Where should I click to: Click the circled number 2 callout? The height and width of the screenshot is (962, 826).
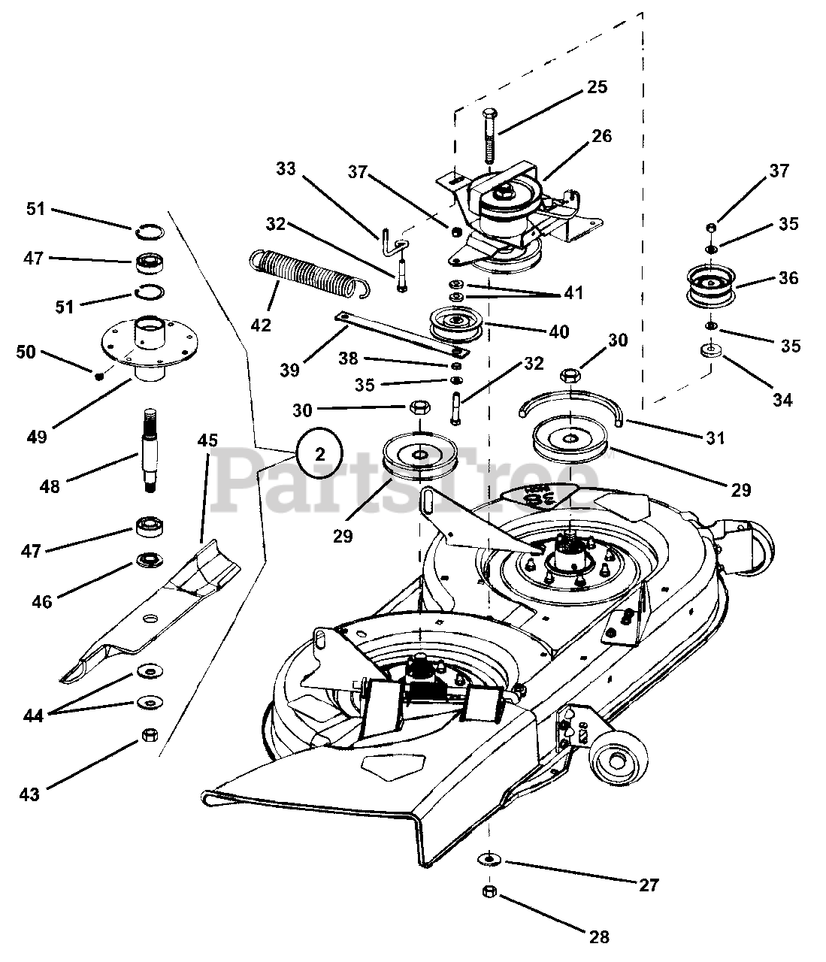coord(319,453)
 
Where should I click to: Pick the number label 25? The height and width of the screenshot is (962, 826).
coord(597,87)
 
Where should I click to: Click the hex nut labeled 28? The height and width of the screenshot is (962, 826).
coord(488,891)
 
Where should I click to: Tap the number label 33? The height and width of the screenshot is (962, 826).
coord(286,170)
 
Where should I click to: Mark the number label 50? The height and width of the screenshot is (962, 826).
coord(26,352)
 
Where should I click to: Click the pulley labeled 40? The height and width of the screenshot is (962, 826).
coord(455,323)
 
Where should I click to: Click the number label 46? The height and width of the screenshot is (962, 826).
coord(42,602)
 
